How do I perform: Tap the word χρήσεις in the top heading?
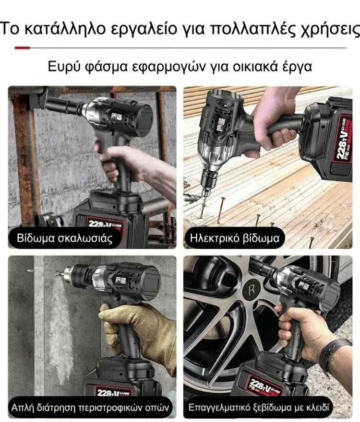tap(330, 29)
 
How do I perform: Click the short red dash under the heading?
tap(23, 48)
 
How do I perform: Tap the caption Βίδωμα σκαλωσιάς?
tap(65, 238)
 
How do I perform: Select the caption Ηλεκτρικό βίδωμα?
tap(234, 238)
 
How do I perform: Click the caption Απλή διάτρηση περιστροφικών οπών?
tap(90, 407)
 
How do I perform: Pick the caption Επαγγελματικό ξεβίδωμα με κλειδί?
tap(259, 407)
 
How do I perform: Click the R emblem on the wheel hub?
tap(252, 290)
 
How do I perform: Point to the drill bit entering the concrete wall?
tap(60, 273)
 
